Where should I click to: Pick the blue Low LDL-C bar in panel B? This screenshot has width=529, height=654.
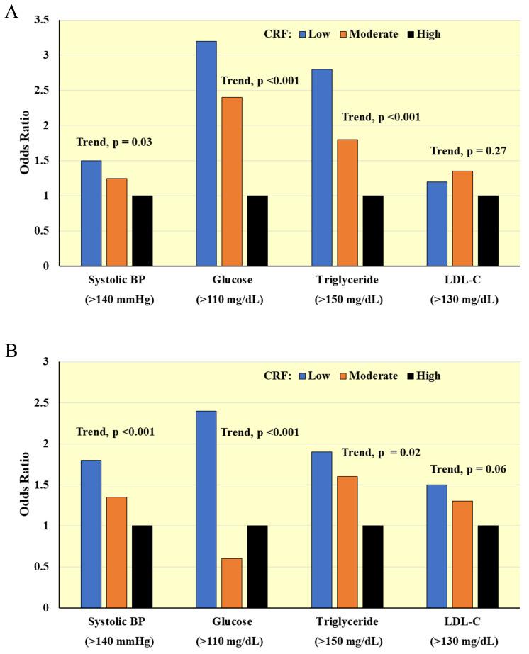click(x=437, y=546)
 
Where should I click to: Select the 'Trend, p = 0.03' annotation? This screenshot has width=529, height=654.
click(x=116, y=142)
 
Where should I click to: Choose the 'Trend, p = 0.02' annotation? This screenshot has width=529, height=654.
click(x=382, y=452)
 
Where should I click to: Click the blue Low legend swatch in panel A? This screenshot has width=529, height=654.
click(x=302, y=33)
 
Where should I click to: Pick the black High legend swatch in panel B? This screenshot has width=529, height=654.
click(x=409, y=376)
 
